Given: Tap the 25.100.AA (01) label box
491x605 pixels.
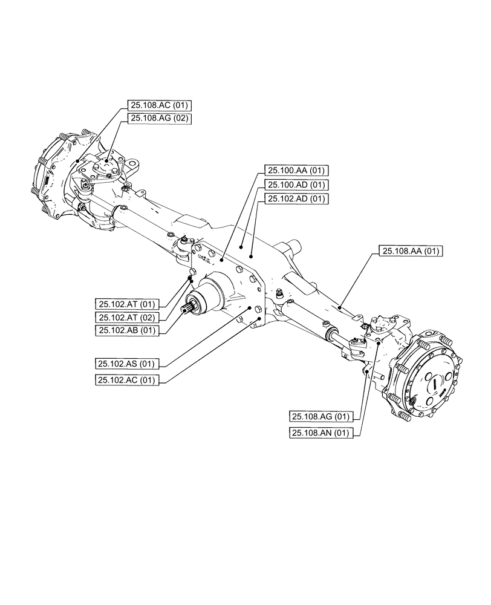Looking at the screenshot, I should click(x=296, y=171).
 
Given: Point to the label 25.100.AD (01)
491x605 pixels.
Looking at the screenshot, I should click(x=296, y=185).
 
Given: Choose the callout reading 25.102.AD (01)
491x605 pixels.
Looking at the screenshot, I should click(x=296, y=198).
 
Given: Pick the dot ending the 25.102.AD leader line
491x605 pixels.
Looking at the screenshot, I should click(x=242, y=246).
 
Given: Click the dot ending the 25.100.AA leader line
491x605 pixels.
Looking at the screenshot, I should click(x=221, y=260).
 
